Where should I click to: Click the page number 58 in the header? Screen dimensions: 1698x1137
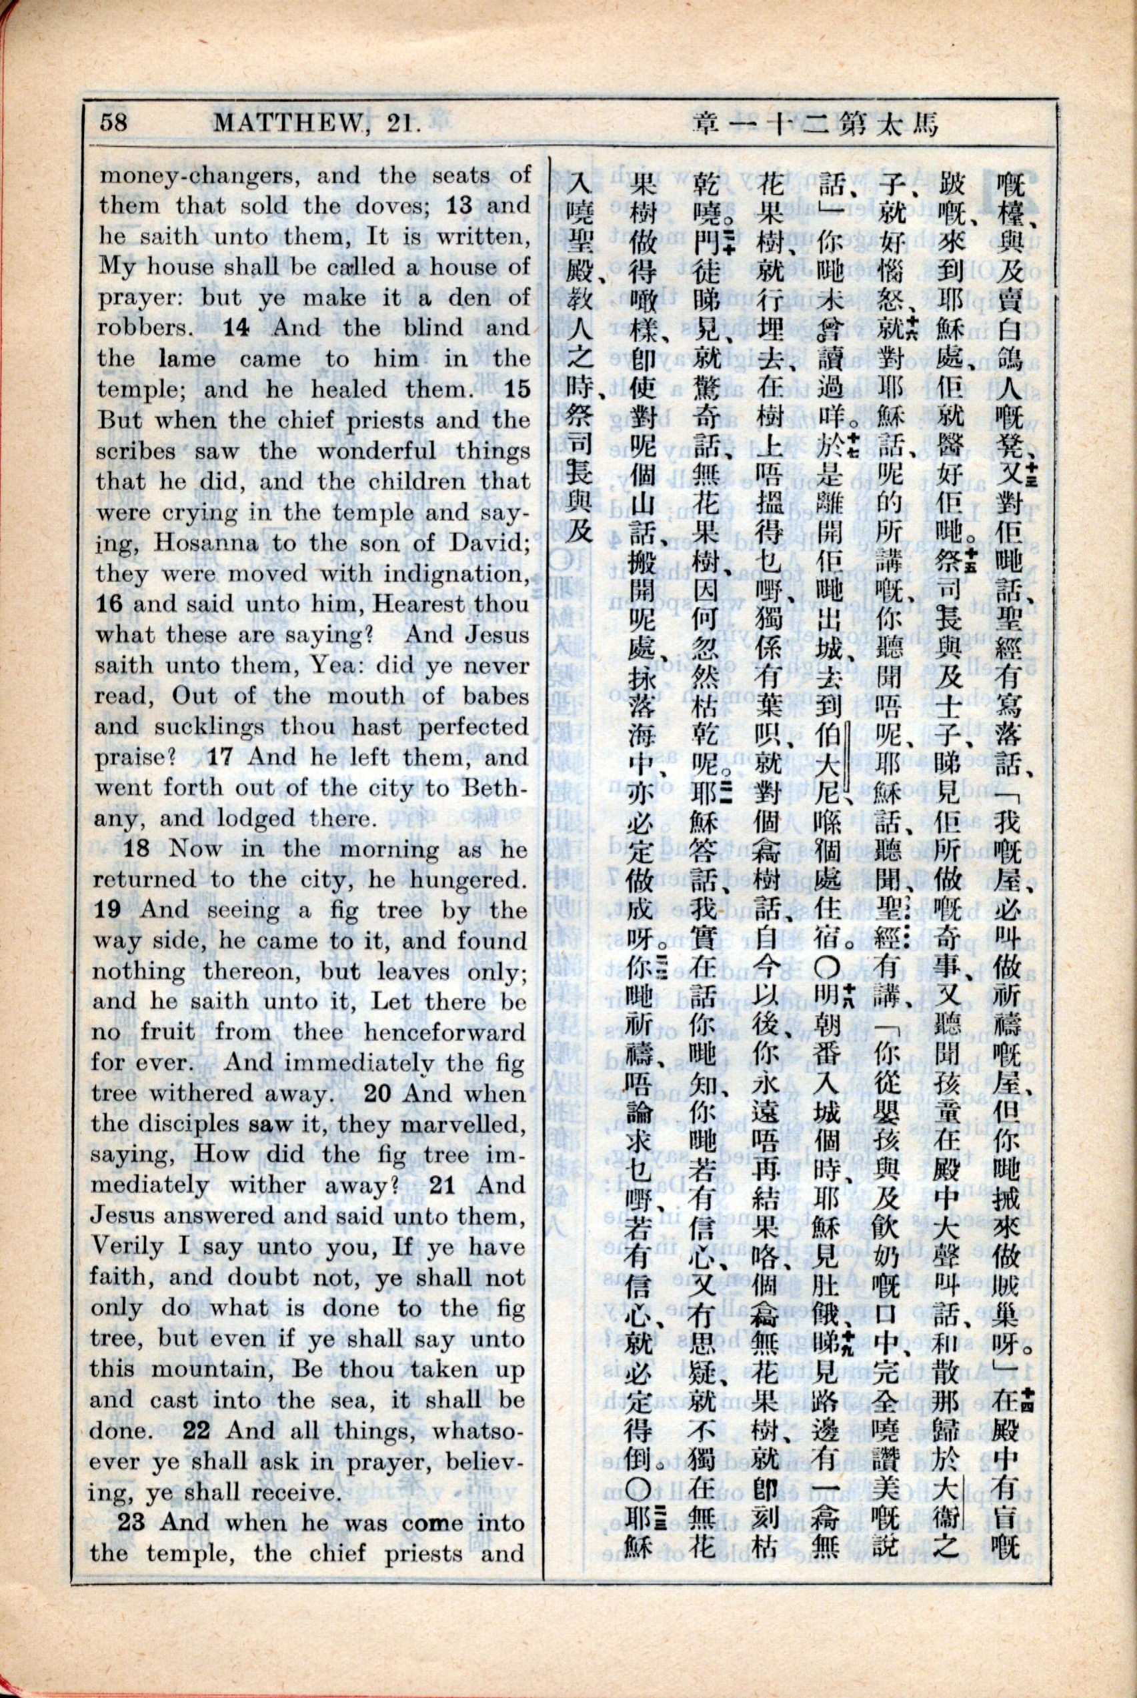(115, 121)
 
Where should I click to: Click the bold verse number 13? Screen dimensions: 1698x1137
(457, 205)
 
